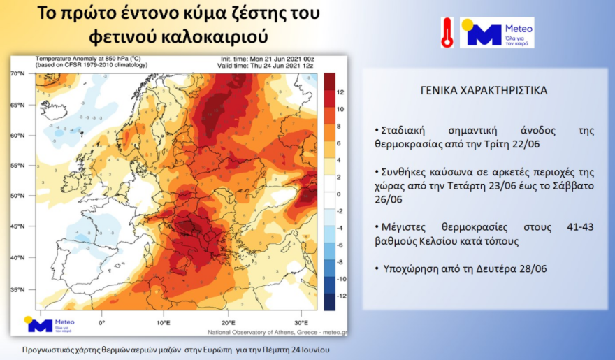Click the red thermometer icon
447,33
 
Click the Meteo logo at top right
497,33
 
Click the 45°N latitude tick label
17,226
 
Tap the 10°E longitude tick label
163,323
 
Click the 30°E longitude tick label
301,323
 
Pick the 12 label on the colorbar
340,92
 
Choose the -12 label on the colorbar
341,296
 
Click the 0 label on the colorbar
338,194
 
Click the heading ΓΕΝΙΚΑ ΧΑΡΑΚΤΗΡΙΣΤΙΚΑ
484,91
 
